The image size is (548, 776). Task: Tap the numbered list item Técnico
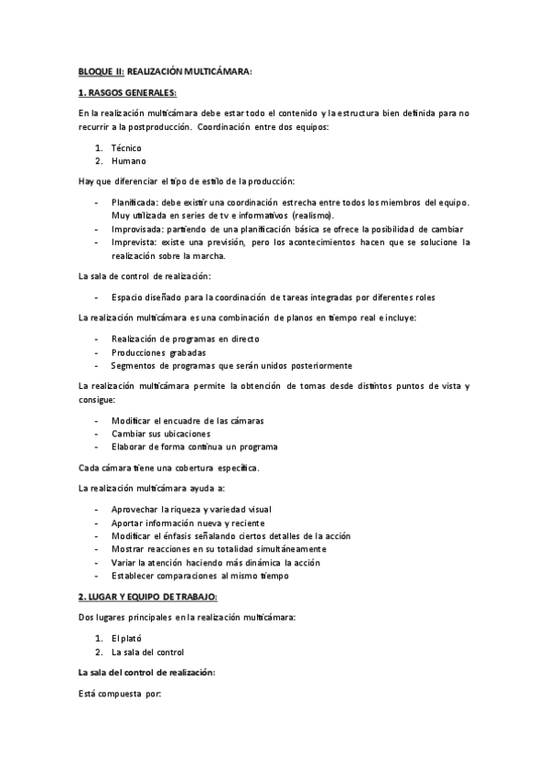point(126,147)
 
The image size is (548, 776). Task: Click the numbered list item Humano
point(128,160)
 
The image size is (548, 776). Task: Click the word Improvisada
point(135,228)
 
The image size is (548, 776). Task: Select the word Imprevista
point(134,242)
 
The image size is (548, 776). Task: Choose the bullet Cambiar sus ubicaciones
point(161,433)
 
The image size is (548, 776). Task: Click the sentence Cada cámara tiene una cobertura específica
point(169,468)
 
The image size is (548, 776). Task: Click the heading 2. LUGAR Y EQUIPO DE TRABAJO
point(149,597)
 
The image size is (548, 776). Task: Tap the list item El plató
point(124,638)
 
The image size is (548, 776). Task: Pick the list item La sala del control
point(147,652)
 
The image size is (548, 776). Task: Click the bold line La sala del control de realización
point(147,672)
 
